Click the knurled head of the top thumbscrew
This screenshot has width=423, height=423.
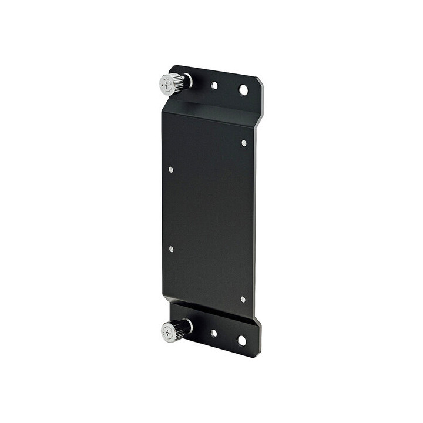[172, 85]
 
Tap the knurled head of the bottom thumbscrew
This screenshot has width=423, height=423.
[173, 331]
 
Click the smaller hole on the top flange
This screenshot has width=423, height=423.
[214, 85]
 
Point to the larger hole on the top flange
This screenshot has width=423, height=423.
[243, 90]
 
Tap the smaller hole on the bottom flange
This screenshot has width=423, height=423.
[214, 333]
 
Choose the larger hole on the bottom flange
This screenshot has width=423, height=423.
[241, 340]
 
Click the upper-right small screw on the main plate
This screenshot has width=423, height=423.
[244, 143]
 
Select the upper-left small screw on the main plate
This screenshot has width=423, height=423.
[171, 169]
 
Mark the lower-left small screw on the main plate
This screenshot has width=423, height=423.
[171, 249]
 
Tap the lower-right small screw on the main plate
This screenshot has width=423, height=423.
[243, 299]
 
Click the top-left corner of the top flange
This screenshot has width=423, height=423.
[172, 66]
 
